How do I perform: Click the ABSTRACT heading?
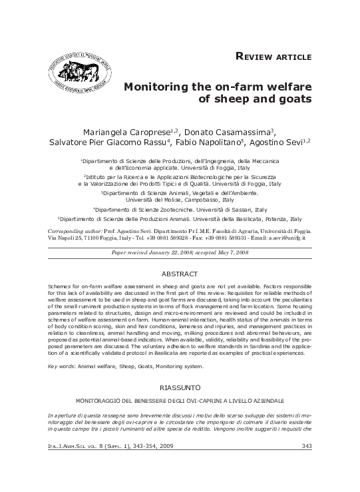pos(180,274)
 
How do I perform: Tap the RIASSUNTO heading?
pos(180,387)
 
